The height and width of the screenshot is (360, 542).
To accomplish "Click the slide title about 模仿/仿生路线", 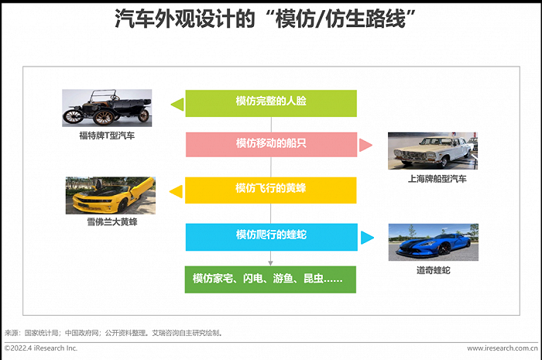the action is tap(265, 19).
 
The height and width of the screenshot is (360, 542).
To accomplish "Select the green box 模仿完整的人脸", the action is tap(271, 103).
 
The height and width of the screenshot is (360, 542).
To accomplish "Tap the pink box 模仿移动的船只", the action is tap(271, 145).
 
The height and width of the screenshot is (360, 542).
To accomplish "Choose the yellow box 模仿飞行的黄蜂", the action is tap(271, 190).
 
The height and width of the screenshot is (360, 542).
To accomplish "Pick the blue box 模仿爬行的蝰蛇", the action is tap(271, 237).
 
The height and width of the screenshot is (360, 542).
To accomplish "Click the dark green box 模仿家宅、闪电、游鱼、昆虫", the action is tap(270, 279).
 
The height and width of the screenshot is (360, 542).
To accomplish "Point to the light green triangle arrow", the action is tap(177, 105).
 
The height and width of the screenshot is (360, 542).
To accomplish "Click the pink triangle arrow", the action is tap(365, 145).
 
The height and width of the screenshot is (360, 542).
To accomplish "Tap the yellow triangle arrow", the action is tap(176, 192).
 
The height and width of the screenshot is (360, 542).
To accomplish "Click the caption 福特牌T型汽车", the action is tap(107, 135).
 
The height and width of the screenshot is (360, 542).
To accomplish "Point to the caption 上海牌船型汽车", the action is tap(437, 179).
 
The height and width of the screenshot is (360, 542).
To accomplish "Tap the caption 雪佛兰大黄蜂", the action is tap(112, 221).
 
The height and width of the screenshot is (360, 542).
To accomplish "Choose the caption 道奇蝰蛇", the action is tap(434, 270).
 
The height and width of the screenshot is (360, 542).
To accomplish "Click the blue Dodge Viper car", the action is tap(434, 245).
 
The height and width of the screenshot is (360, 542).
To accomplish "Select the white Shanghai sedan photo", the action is tap(433, 151).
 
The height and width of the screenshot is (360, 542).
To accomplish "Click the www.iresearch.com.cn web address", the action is tap(503, 348).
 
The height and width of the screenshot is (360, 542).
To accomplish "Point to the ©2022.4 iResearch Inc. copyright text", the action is tap(41, 348).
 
